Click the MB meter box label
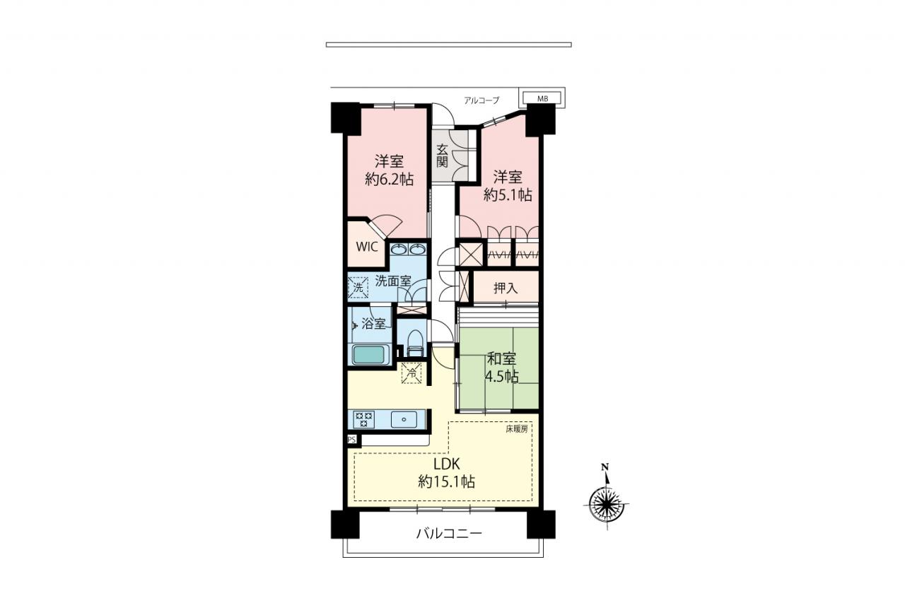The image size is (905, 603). pos(542,98)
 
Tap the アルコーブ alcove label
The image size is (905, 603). pos(481,100)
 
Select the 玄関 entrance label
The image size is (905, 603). pos(443,156)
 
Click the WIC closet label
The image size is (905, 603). pos(367,247)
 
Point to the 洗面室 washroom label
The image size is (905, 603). pos(393,281)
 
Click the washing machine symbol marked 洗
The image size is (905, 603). pos(358,287)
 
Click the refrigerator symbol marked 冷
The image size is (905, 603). pos(411,373)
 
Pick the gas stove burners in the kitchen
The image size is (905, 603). pos(364,418)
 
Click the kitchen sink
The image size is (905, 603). pos(404,419)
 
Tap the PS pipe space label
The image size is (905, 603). pos(351,440)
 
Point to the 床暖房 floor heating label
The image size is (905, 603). pos(517,429)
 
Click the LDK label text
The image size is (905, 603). pos(447,464)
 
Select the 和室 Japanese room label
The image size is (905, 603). pos(502,358)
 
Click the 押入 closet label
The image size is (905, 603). pos(506,288)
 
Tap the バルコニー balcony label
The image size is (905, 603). pos(449,534)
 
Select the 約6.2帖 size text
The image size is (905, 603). pos(389,179)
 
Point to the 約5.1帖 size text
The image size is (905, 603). pos(508,194)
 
